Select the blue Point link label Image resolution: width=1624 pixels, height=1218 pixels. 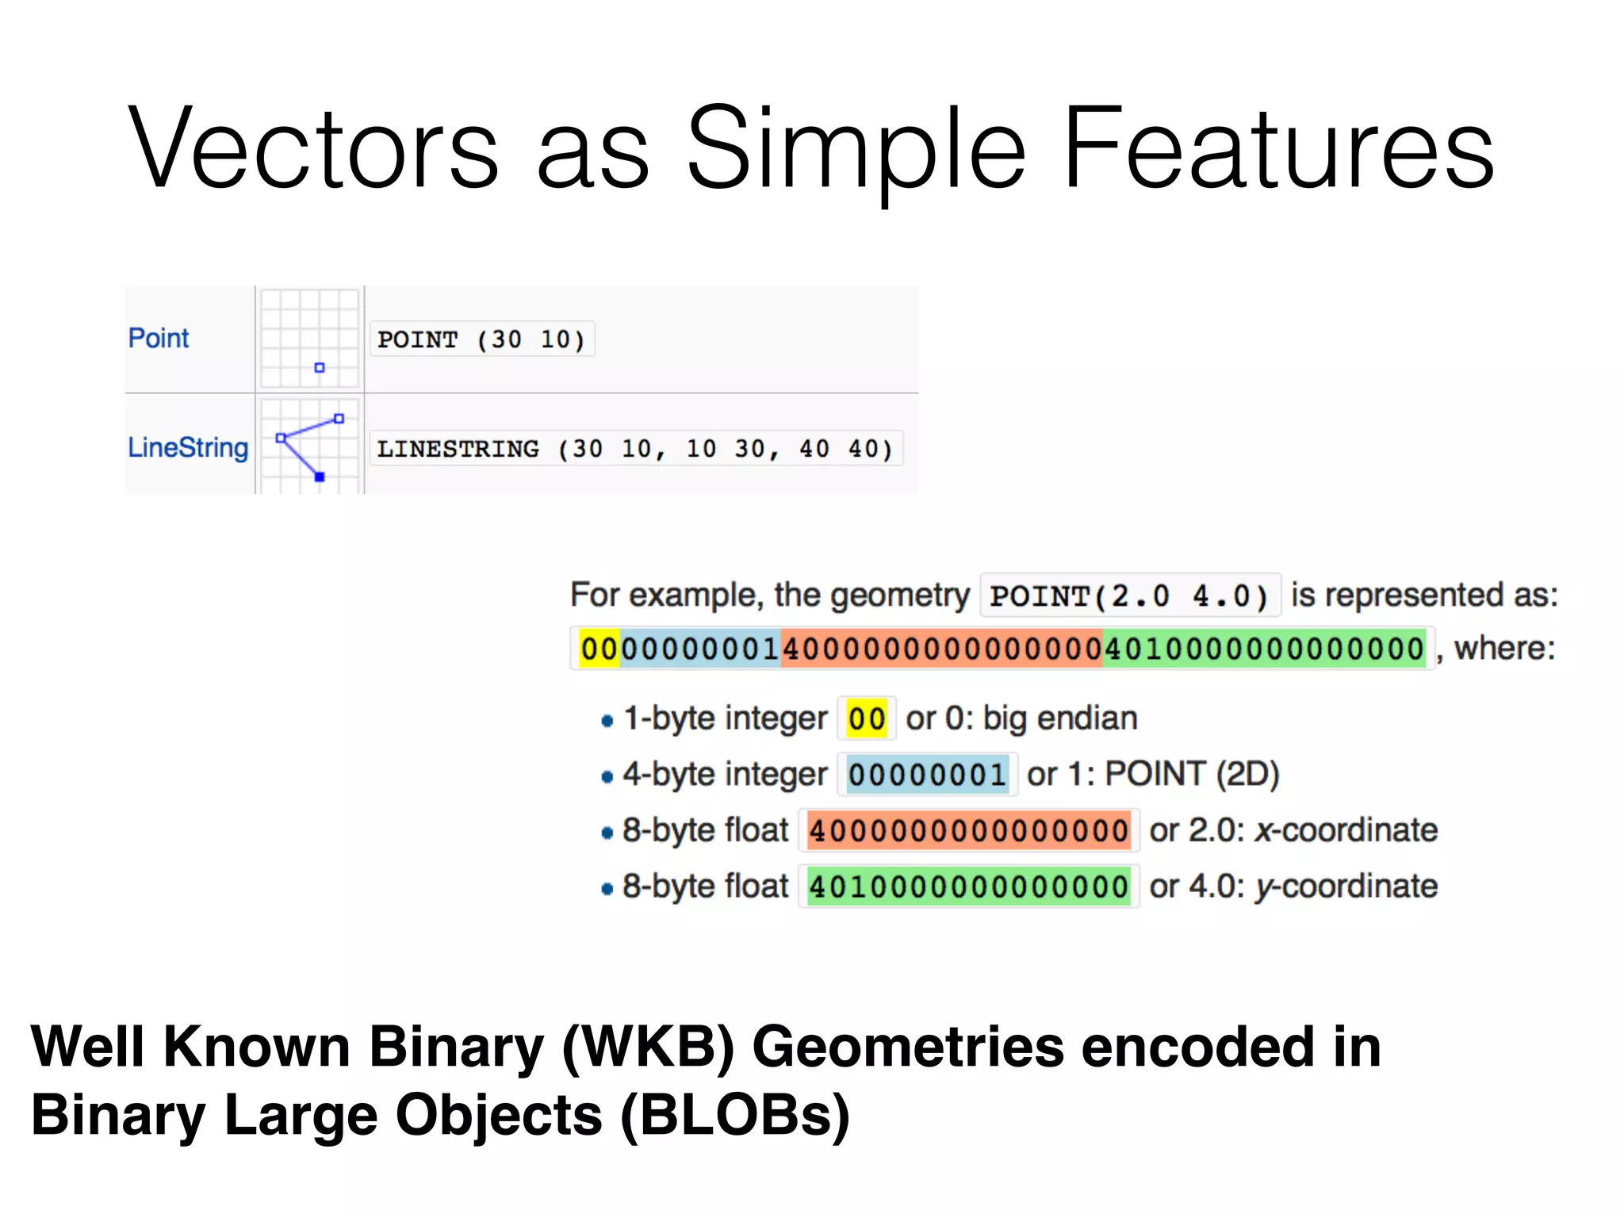click(159, 339)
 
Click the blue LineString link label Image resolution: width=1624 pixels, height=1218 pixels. click(188, 447)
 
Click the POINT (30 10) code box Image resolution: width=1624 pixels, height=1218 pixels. click(481, 339)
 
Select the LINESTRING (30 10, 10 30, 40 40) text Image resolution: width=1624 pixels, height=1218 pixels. click(635, 449)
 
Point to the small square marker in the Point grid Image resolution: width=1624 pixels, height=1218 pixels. click(320, 367)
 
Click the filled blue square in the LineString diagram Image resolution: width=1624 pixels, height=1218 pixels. click(320, 477)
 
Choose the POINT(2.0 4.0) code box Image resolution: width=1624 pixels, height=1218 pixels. click(1129, 596)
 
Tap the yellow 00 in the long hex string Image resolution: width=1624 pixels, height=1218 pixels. click(599, 649)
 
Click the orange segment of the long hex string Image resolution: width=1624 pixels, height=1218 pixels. click(941, 649)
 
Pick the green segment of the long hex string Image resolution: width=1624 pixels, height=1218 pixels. click(1264, 649)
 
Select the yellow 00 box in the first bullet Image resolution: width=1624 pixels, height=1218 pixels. click(867, 718)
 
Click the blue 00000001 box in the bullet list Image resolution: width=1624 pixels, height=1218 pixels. click(927, 775)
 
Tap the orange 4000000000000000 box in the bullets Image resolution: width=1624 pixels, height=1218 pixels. click(968, 830)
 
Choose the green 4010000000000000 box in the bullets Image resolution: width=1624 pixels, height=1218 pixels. click(968, 887)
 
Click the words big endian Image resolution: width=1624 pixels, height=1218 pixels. click(1060, 718)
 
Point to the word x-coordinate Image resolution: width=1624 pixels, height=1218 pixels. click(1346, 830)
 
